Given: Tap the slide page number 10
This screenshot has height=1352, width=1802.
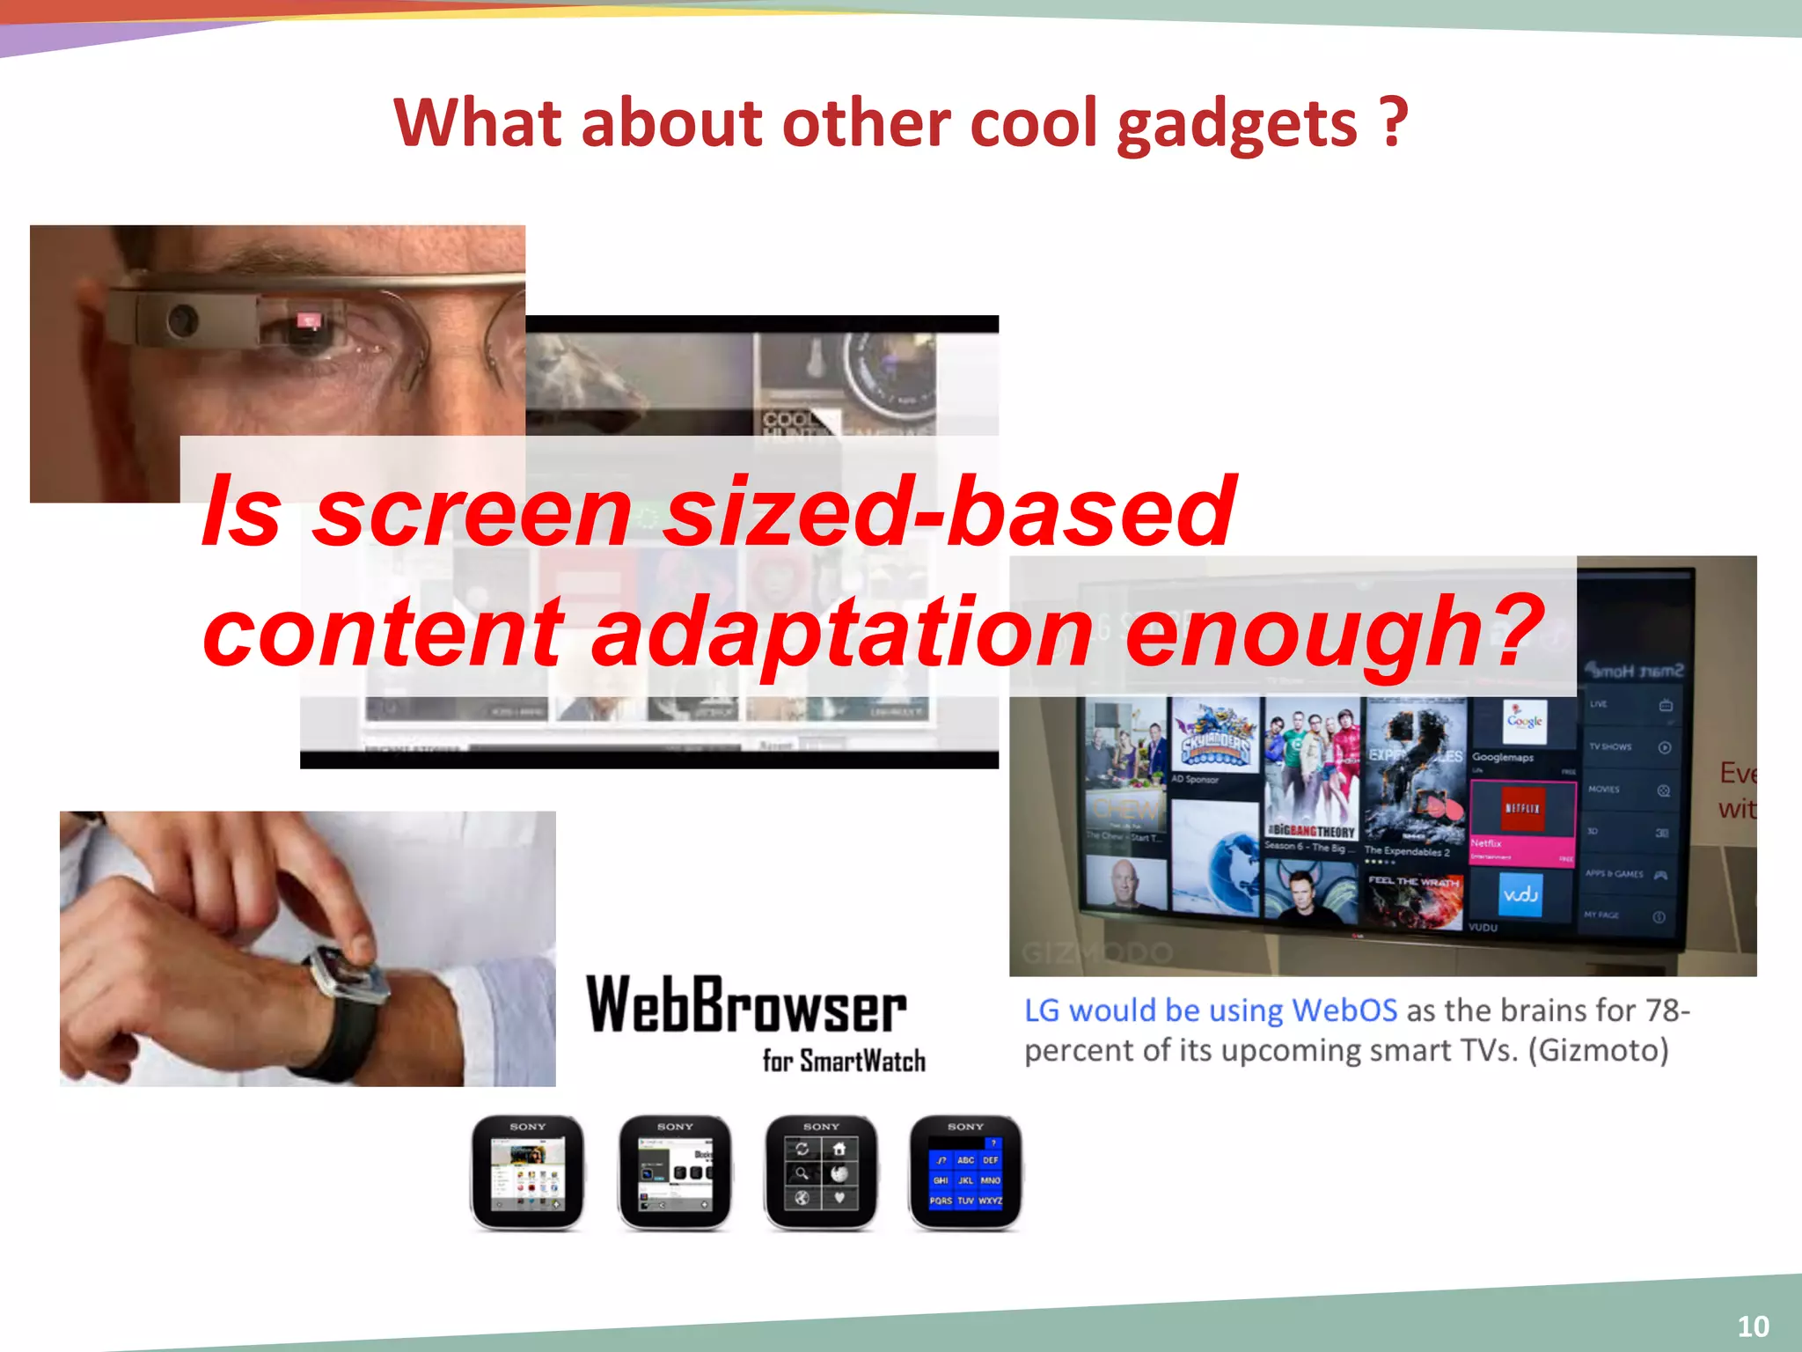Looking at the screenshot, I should tap(1753, 1326).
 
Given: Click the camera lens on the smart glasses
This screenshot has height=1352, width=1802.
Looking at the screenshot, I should tap(182, 319).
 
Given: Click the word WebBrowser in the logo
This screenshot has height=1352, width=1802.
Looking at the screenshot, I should tap(746, 1005).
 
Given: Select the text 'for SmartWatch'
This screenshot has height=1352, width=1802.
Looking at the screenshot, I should tap(844, 1061).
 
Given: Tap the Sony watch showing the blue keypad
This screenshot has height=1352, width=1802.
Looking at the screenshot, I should tap(965, 1172).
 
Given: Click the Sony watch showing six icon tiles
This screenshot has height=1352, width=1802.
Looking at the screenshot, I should tap(820, 1172).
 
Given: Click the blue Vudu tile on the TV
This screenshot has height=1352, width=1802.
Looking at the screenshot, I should tap(1520, 895).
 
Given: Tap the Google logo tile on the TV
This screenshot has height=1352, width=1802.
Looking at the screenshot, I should tap(1525, 722).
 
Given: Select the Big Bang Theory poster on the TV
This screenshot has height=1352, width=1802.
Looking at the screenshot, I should tap(1311, 775).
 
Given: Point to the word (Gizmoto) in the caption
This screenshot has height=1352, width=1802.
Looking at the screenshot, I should tap(1598, 1050).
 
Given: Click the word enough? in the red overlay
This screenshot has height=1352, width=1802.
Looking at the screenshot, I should tap(1333, 632).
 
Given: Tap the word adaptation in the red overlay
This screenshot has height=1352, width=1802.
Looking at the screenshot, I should tap(842, 632).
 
